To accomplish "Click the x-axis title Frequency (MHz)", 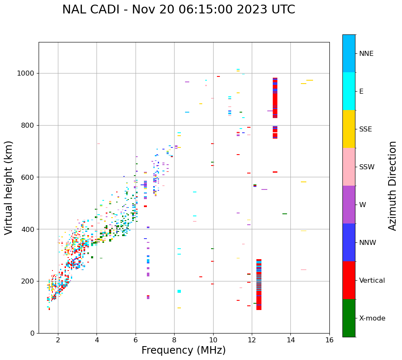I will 183,350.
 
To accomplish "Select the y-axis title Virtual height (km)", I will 9,188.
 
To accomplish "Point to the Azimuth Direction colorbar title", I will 392,186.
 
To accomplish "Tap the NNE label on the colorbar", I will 366,54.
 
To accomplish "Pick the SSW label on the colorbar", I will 367,167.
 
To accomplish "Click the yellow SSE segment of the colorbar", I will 349,129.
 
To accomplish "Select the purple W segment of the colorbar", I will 349,205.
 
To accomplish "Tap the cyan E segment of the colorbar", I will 349,91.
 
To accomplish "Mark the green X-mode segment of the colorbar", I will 349,318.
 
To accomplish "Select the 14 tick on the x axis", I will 290,340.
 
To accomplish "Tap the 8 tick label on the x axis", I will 174,340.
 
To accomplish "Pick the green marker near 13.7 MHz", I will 285,214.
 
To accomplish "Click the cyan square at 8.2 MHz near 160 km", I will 179,291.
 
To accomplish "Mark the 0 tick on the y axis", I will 33,333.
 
